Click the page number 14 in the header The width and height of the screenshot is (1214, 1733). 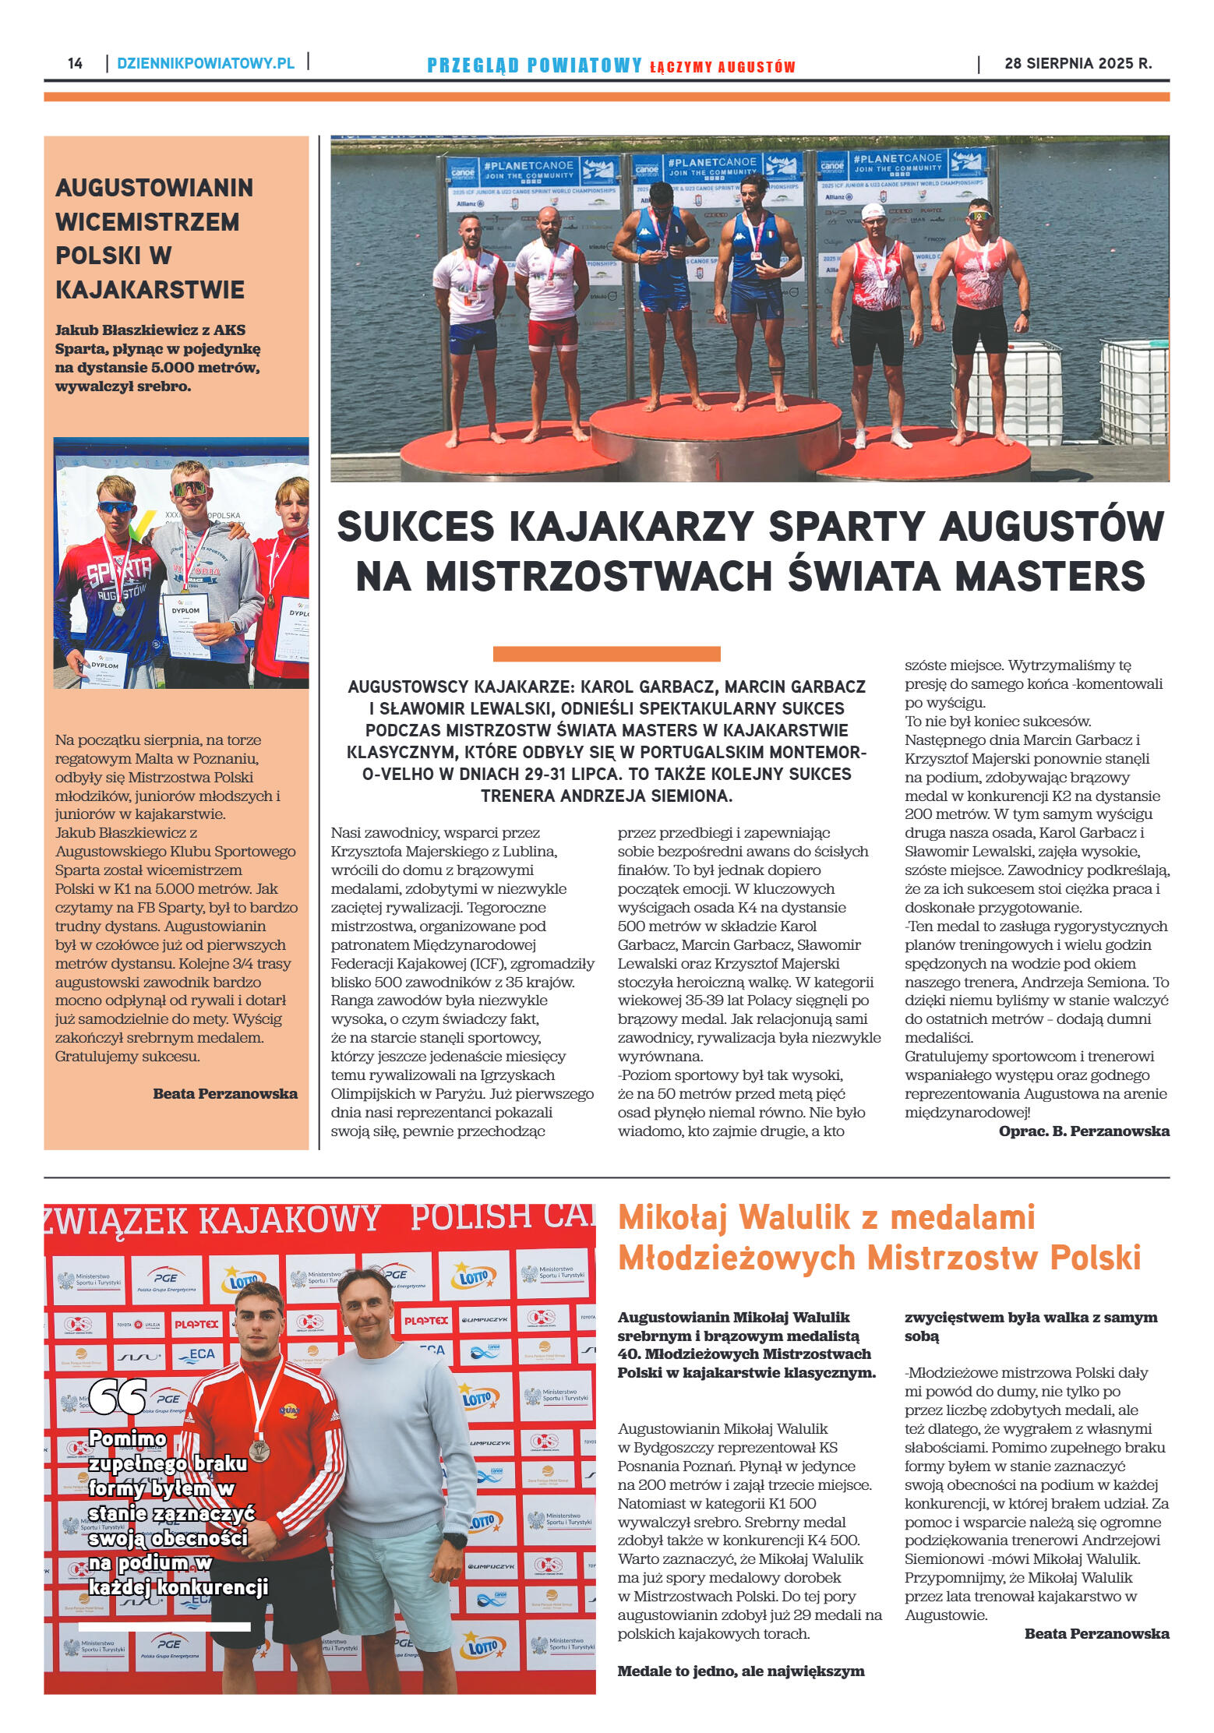75,63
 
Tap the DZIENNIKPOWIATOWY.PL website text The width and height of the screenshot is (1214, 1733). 206,63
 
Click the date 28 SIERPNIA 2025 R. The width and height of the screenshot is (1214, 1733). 1078,63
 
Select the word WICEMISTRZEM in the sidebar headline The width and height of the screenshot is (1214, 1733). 147,221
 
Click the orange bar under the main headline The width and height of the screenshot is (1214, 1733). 606,653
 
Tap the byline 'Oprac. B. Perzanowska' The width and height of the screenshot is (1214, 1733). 1083,1131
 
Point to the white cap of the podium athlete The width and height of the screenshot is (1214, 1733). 873,211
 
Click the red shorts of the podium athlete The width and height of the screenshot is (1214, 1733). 552,333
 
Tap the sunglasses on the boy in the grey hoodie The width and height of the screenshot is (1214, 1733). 189,489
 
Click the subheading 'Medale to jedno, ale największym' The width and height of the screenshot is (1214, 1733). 740,1671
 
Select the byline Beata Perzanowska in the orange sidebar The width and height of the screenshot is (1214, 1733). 224,1093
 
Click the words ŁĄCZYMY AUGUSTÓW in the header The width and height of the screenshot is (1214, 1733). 722,67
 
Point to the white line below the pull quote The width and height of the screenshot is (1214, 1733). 164,1626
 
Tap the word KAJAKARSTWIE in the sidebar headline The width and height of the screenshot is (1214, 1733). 150,290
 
